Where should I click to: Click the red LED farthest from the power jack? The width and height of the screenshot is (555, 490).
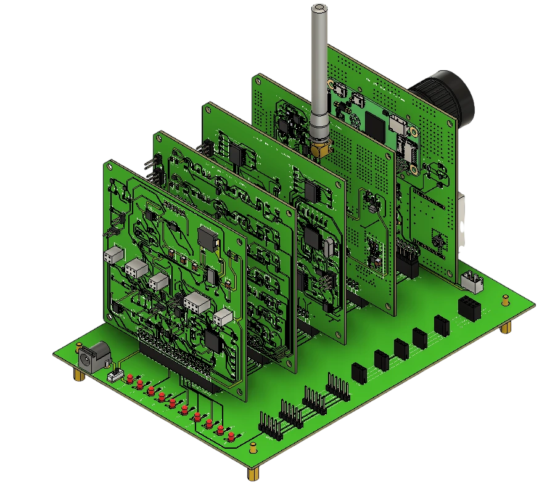231,436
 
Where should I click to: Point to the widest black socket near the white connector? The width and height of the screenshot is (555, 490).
469,307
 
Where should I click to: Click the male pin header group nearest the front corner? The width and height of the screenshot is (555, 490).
269,425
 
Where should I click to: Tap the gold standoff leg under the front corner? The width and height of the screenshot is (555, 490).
253,475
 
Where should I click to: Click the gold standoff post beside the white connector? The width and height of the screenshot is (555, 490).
504,301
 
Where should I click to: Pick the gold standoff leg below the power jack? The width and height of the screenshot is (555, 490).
79,375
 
